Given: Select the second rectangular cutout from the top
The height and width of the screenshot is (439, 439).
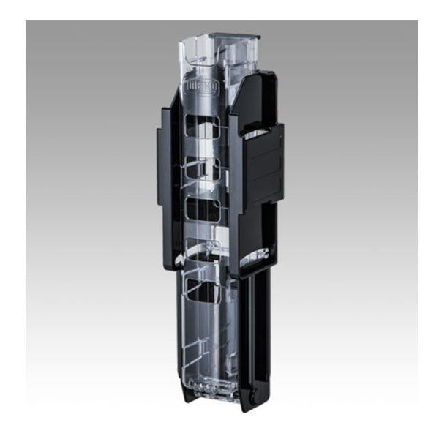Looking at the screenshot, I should [x=206, y=168].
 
